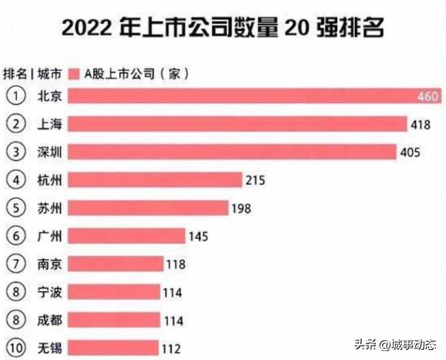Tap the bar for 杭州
(x=156, y=180)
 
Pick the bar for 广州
(x=127, y=237)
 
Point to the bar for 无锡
(x=114, y=348)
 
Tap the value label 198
(x=242, y=208)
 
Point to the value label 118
(x=177, y=265)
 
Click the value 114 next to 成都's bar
(x=173, y=320)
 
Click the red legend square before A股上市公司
(x=75, y=73)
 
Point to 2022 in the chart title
(x=85, y=28)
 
